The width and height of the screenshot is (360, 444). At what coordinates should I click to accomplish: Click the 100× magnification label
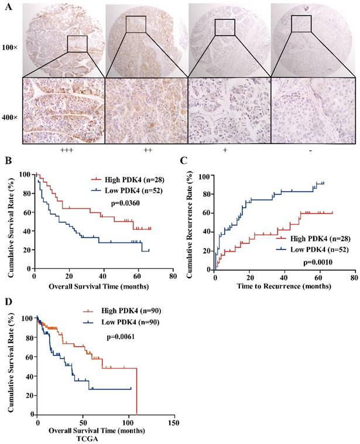click(10, 45)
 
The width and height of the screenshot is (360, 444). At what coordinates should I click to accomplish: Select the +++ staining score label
click(63, 151)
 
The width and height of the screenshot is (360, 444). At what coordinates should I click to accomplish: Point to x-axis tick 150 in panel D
click(173, 423)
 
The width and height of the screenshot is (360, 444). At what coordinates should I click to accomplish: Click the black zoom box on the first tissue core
click(77, 43)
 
